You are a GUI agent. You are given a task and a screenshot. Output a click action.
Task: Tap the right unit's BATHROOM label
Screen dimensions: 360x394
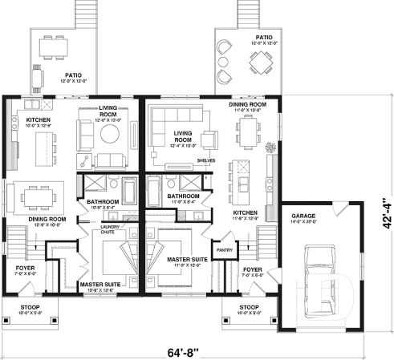pos(183,196)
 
